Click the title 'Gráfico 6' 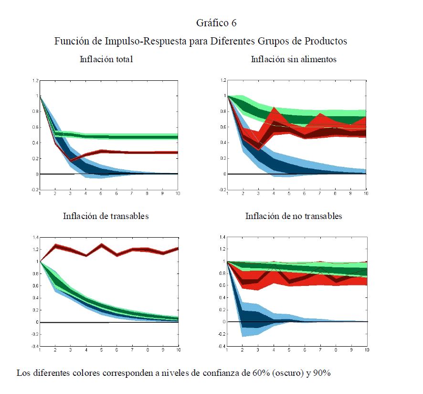coord(216,23)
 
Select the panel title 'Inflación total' coord(106,60)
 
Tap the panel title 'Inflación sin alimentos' coord(293,60)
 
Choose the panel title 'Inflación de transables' coord(106,216)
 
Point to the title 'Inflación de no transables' coord(293,216)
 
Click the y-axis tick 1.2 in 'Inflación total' coord(35,80)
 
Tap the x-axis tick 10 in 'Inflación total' coord(178,194)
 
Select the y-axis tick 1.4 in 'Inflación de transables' coord(35,237)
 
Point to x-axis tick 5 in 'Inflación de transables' coord(102,350)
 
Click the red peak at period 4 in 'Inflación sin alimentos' coord(274,108)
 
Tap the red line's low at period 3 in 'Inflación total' coord(71,160)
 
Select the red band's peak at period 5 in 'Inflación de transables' coord(102,245)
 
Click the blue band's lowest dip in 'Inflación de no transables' coord(243,336)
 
